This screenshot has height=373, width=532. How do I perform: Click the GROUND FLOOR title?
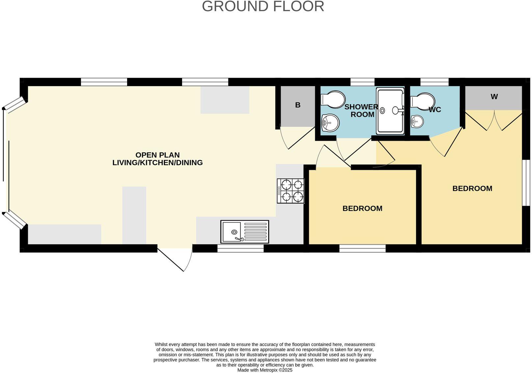(263, 7)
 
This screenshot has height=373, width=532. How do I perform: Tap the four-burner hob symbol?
(291, 191)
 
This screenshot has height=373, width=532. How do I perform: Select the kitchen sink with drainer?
(245, 232)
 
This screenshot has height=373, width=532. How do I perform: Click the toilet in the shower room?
(333, 99)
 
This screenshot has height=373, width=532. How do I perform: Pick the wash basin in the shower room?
(330, 123)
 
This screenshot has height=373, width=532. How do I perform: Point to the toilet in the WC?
(423, 101)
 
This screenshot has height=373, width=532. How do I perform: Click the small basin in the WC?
(417, 122)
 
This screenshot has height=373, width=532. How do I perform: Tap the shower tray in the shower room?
(390, 111)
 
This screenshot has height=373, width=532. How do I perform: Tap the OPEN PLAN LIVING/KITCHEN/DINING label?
(157, 159)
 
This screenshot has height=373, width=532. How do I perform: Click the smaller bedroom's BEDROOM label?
(362, 208)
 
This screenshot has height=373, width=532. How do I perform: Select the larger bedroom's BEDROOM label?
(472, 188)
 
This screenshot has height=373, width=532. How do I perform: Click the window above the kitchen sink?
(240, 248)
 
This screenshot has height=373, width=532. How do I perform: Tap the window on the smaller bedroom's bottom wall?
(362, 248)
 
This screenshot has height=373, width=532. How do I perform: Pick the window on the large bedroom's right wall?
(526, 183)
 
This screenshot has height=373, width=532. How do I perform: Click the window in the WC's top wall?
(434, 82)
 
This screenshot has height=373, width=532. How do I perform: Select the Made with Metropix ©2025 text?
(265, 370)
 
